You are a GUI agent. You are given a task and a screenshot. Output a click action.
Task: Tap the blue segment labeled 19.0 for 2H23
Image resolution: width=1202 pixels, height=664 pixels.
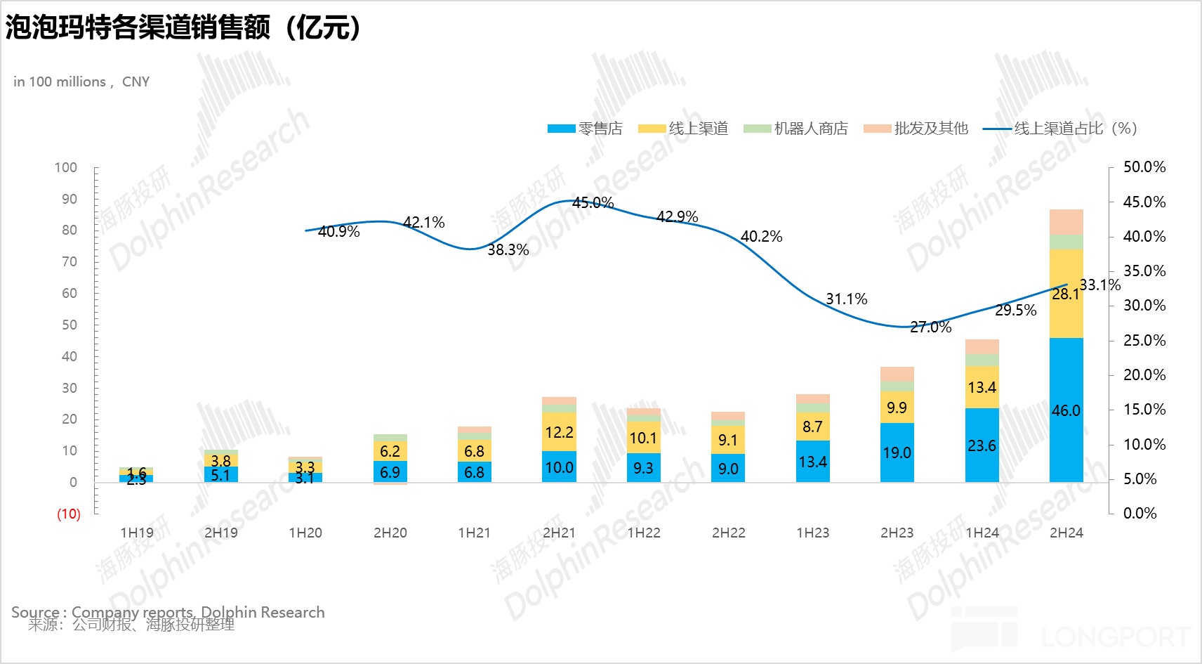[897, 453]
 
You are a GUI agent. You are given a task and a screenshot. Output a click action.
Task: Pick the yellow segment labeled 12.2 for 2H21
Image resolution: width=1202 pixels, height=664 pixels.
[559, 431]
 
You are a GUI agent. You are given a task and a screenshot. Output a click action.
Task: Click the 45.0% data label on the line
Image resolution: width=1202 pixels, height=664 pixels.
[593, 203]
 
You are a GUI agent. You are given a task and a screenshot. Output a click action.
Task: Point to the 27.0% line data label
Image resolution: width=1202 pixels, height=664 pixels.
[930, 327]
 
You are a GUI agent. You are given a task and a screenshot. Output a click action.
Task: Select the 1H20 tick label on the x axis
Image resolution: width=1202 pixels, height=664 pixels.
[305, 533]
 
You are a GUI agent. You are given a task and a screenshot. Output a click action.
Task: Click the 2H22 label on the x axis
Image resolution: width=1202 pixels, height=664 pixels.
[728, 533]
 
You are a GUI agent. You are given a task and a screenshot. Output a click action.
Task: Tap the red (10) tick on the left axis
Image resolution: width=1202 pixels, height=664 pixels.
[69, 514]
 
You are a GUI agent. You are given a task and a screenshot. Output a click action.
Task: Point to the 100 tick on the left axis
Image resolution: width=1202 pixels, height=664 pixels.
[66, 167]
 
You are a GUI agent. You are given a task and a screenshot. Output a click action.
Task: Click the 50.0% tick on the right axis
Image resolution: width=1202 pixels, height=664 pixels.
[1144, 167]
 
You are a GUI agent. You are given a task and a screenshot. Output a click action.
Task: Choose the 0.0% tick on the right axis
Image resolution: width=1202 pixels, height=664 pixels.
[1140, 513]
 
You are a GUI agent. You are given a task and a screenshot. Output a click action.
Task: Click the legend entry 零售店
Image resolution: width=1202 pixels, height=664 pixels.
[600, 129]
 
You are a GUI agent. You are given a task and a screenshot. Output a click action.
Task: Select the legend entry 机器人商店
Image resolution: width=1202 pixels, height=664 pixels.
[810, 129]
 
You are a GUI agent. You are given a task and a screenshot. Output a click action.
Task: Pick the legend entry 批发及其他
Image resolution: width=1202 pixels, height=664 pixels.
[930, 129]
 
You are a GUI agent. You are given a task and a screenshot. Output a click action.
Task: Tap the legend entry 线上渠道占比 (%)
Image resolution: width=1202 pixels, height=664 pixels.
[1074, 129]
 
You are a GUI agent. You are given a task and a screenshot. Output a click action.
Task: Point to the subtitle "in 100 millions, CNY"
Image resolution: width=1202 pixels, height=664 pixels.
[81, 82]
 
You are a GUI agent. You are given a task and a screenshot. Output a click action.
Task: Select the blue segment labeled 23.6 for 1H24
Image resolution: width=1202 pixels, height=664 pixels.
[982, 445]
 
